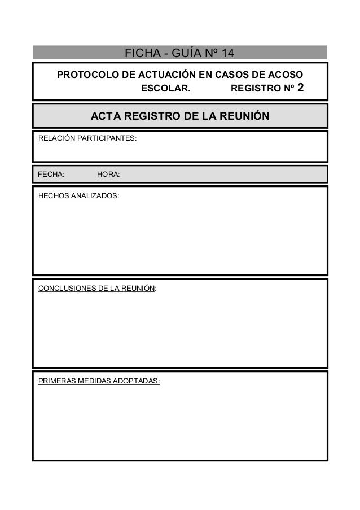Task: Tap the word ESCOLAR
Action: coord(165,89)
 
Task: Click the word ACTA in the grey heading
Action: coord(106,116)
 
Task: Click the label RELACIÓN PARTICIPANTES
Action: coord(87,138)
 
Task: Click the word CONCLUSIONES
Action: coord(67,289)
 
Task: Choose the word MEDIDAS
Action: coord(94,381)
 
